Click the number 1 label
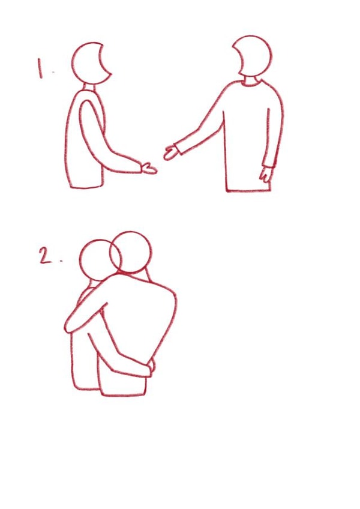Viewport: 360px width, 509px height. (x=40, y=68)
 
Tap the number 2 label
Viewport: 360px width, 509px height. (x=46, y=256)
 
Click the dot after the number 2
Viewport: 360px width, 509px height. (x=61, y=261)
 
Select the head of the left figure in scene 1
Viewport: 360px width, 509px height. (x=91, y=63)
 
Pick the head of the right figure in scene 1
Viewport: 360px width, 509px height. (x=252, y=56)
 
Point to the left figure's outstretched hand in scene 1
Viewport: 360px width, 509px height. (x=149, y=168)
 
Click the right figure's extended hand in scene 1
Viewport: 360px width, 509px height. (x=171, y=152)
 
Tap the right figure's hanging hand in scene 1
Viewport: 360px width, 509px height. (x=266, y=174)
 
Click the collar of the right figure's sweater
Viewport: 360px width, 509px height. (x=251, y=82)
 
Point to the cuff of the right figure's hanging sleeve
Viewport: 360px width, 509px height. (x=268, y=164)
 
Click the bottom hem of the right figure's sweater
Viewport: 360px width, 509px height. (x=248, y=190)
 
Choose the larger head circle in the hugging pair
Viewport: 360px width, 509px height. (x=130, y=252)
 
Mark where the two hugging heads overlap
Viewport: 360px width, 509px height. (x=114, y=256)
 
